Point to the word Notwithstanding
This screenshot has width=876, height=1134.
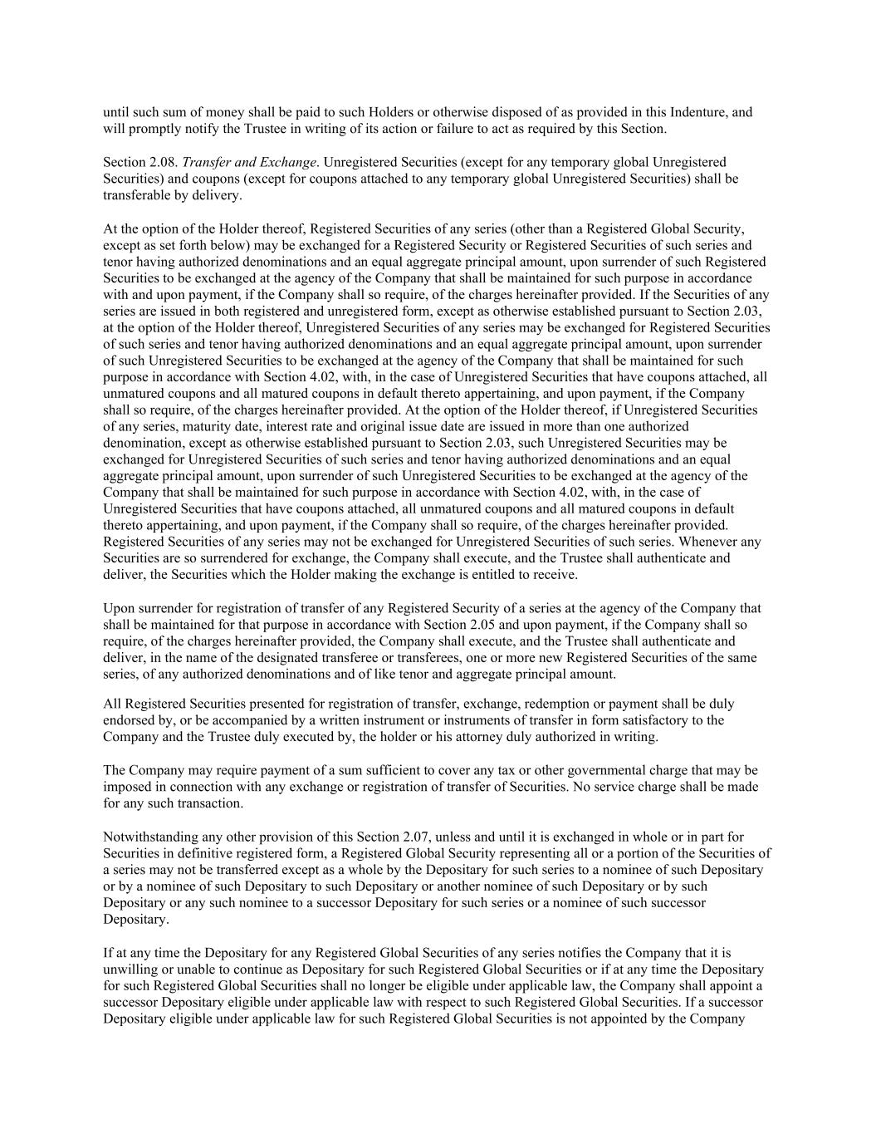pos(147,837)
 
